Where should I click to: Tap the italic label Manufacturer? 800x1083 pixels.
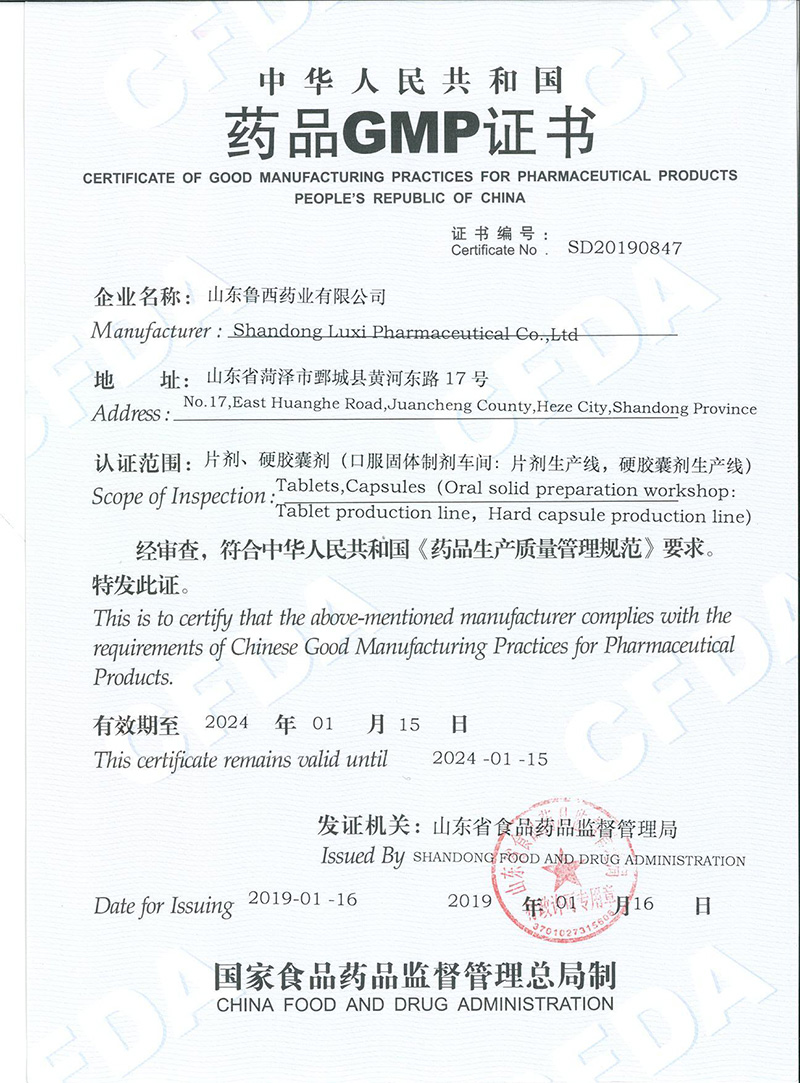[151, 331]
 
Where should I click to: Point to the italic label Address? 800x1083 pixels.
[127, 413]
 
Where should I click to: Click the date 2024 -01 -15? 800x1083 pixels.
[490, 758]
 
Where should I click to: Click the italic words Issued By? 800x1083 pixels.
[362, 856]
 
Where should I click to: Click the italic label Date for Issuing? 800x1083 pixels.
[163, 906]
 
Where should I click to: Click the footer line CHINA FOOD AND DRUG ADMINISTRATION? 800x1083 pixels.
[415, 1004]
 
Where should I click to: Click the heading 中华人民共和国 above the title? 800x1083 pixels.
[411, 79]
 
